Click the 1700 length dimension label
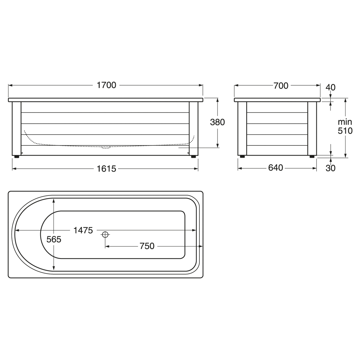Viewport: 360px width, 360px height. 106,85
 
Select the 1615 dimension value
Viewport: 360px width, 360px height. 106,169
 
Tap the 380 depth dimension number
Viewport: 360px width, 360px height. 217,122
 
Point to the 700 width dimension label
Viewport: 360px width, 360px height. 281,86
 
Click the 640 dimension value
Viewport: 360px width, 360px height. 276,168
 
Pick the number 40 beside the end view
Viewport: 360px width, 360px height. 330,88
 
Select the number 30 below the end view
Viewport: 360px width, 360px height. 330,168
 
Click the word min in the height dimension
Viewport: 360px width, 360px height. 345,122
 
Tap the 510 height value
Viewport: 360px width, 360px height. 345,131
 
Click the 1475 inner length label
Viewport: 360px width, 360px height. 83,230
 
